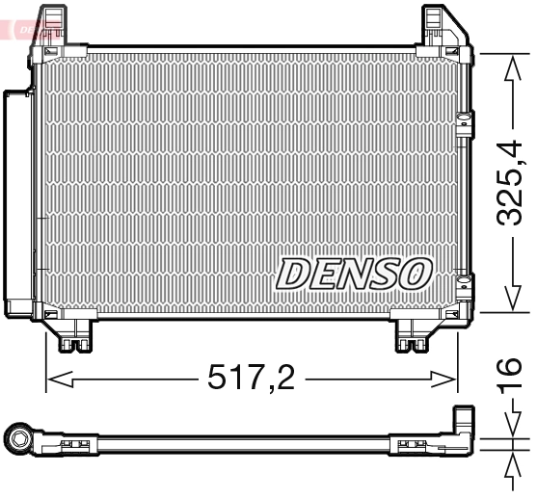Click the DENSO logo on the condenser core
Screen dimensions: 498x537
coord(352,273)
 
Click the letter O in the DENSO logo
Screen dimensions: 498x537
coord(414,273)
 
